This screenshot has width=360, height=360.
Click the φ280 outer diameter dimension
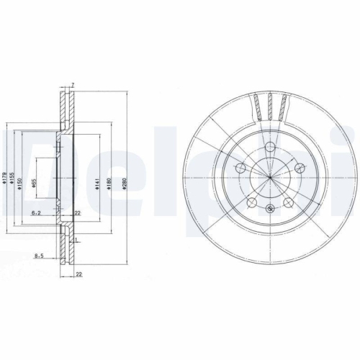124,183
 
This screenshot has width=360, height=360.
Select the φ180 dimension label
109,183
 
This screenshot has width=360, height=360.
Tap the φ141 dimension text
95,183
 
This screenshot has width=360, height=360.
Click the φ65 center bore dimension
34,183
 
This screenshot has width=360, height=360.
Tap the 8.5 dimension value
38,255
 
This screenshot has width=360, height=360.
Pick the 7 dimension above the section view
73,84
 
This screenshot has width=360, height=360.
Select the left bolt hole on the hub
240,168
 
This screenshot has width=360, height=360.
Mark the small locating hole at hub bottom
269,209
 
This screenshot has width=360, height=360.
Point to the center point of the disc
269,178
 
